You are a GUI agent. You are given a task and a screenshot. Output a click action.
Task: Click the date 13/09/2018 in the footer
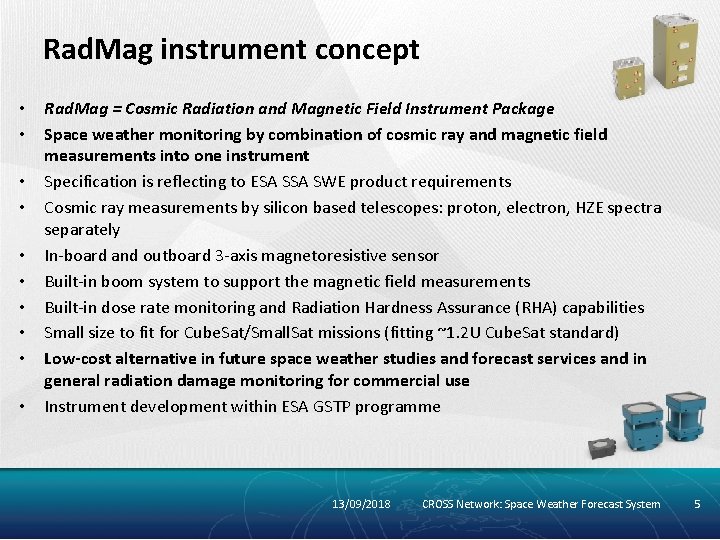pyautogui.click(x=361, y=504)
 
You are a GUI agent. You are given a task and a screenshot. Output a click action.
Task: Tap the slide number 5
pyautogui.click(x=698, y=504)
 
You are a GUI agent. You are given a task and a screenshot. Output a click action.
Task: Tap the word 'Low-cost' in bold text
pyautogui.click(x=76, y=358)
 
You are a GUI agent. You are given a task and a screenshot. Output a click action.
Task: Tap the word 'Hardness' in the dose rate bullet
pyautogui.click(x=376, y=307)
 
